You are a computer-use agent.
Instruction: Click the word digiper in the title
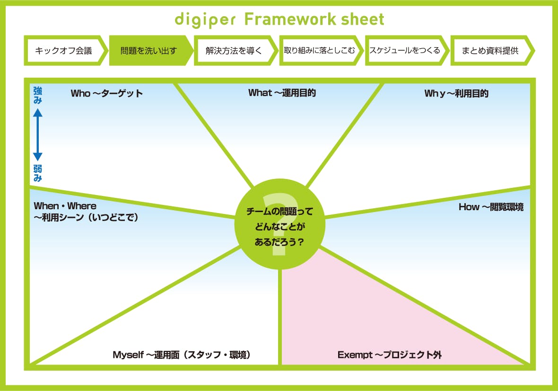point(205,20)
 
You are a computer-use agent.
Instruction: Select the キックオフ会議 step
point(64,50)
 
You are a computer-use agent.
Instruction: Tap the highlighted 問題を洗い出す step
point(148,50)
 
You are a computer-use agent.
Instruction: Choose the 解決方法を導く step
point(234,50)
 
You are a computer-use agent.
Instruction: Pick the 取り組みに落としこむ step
point(319,50)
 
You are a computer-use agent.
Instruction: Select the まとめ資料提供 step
point(490,50)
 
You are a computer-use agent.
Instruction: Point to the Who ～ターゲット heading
point(106,93)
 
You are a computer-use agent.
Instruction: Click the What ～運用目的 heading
point(282,93)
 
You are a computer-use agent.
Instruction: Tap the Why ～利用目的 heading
point(456,93)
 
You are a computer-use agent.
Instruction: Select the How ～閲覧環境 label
point(490,207)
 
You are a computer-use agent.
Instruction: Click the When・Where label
point(65,206)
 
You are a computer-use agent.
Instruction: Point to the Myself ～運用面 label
point(182,355)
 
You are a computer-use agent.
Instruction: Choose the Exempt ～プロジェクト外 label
point(389,355)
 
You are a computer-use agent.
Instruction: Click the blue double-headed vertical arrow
point(38,135)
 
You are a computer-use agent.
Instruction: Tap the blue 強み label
point(38,95)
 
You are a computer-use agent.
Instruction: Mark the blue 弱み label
point(38,173)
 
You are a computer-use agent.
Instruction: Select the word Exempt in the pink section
point(355,355)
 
